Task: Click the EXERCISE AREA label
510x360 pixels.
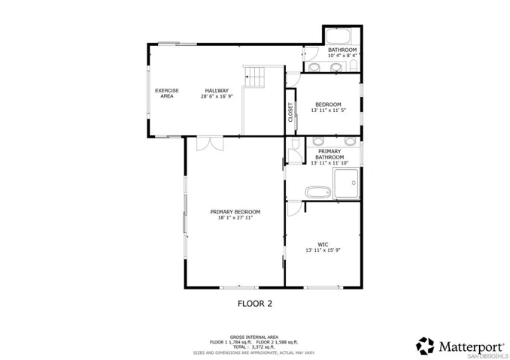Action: click(x=166, y=93)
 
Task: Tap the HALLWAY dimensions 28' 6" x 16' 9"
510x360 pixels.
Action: click(x=217, y=96)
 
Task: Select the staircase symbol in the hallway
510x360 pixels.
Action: click(x=255, y=77)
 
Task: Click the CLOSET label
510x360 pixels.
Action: click(x=290, y=112)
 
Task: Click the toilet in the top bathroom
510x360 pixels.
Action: click(x=352, y=68)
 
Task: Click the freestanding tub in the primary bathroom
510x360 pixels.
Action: click(x=318, y=192)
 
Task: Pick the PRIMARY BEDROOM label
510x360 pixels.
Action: click(x=235, y=212)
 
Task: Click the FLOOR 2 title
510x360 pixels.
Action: click(x=254, y=304)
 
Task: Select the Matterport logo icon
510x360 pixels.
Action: click(x=426, y=346)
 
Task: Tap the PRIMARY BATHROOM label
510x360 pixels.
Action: click(x=329, y=155)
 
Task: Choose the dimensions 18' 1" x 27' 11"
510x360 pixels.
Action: click(x=235, y=218)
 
